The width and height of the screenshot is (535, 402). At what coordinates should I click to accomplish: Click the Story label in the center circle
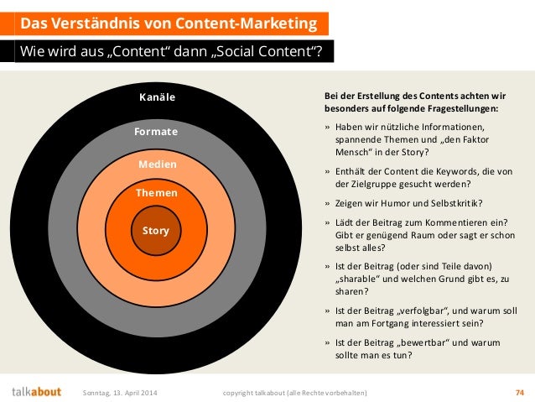[x=156, y=230]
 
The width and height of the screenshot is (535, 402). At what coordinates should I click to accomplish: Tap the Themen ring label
[x=157, y=193]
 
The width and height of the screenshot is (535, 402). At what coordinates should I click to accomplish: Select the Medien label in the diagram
[x=158, y=164]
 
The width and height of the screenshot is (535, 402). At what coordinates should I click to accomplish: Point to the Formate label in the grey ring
[x=156, y=132]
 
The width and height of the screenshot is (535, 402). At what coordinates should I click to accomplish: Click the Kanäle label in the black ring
[x=157, y=98]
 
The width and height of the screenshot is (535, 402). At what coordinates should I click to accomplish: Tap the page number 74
[x=519, y=392]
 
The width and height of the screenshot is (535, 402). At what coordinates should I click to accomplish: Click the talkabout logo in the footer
[x=36, y=392]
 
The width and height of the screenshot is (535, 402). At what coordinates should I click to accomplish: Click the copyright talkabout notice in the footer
[x=293, y=392]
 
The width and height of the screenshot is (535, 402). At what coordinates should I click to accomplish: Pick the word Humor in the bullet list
[x=393, y=203]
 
